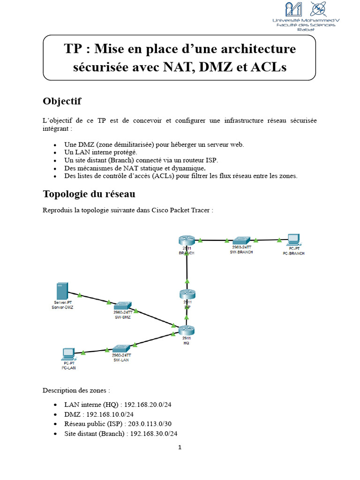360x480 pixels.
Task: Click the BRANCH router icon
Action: coord(186,240)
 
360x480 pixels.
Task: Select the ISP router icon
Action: coord(187,294)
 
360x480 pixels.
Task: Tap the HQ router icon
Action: coord(186,330)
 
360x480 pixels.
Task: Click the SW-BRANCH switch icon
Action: coord(242,240)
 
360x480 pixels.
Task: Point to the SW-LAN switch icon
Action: coord(122,349)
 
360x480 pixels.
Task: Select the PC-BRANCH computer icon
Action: coord(293,240)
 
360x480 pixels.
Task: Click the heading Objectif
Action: coord(62,101)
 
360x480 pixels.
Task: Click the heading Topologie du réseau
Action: coord(90,194)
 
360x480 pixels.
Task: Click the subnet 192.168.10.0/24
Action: coord(110,414)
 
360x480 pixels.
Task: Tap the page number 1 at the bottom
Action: coord(180,447)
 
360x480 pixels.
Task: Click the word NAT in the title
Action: coord(180,67)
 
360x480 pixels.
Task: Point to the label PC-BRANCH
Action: coord(293,253)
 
